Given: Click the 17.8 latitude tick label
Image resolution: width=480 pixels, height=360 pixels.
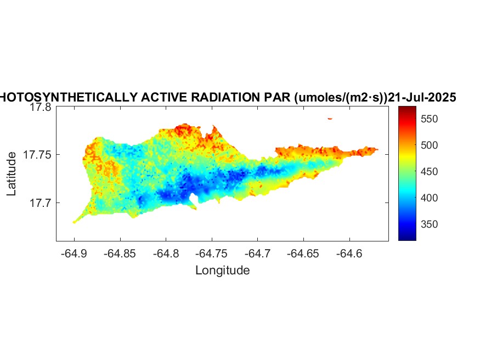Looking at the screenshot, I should (x=40, y=108).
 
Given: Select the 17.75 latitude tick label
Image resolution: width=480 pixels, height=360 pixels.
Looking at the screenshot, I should (x=37, y=155).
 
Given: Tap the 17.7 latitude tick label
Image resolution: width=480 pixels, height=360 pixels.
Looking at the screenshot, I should (x=40, y=203).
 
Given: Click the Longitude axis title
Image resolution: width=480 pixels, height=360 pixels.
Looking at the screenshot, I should (x=222, y=270).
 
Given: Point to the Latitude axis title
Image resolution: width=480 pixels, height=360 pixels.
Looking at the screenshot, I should (x=12, y=175).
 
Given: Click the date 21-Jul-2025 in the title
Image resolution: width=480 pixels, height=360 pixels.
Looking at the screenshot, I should (x=422, y=98).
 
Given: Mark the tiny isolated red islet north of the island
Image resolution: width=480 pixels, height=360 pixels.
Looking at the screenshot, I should (x=330, y=119).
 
